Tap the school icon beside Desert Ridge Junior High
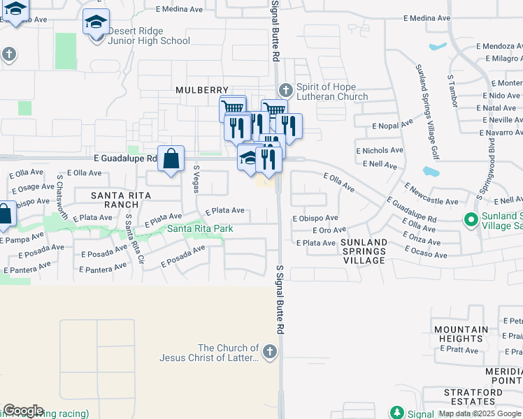(96, 22)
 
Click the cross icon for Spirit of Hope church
(285, 90)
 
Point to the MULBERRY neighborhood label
(202, 90)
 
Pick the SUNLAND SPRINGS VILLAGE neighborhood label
(364, 251)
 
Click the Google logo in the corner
(23, 411)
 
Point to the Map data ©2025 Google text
(480, 413)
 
